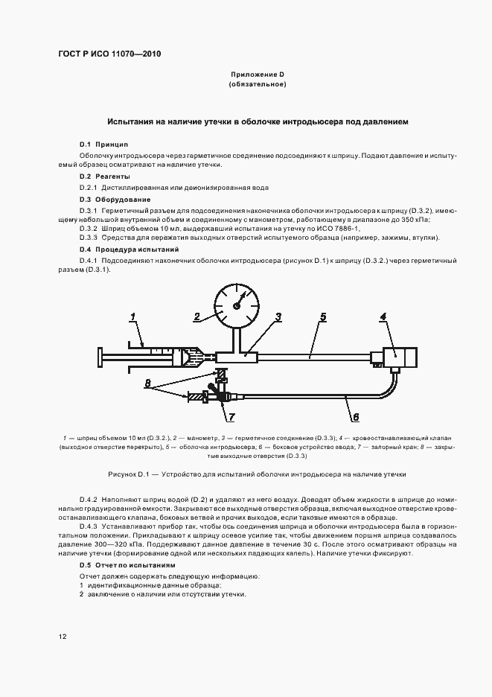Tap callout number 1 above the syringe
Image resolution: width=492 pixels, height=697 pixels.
click(133, 318)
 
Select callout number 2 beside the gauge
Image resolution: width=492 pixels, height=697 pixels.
click(197, 317)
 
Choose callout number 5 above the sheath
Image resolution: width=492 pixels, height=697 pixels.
click(322, 317)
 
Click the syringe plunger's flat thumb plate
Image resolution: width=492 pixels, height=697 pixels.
click(99, 357)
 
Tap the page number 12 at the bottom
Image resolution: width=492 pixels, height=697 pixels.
click(63, 637)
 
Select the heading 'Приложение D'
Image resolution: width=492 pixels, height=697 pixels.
click(257, 75)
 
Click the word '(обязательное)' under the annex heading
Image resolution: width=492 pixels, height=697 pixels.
click(257, 86)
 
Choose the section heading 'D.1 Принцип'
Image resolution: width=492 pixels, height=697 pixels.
click(104, 143)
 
